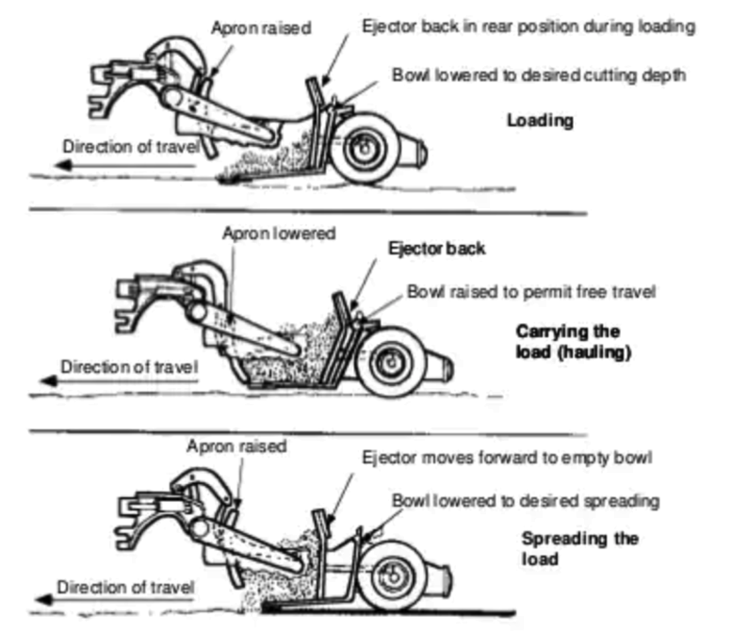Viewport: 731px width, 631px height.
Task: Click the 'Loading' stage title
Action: [540, 121]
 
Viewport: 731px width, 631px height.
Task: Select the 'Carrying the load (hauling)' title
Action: [575, 342]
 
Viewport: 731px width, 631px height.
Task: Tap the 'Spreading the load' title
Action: [581, 548]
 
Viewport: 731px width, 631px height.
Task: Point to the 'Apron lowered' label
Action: [279, 234]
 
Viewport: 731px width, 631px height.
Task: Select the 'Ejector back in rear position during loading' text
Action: [530, 27]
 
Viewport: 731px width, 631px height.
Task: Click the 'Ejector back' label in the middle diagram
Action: [436, 248]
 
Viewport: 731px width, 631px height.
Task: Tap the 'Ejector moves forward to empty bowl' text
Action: [507, 458]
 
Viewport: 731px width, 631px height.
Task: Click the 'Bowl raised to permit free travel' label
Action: [530, 292]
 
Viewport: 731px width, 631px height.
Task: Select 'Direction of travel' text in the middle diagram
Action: [130, 367]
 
